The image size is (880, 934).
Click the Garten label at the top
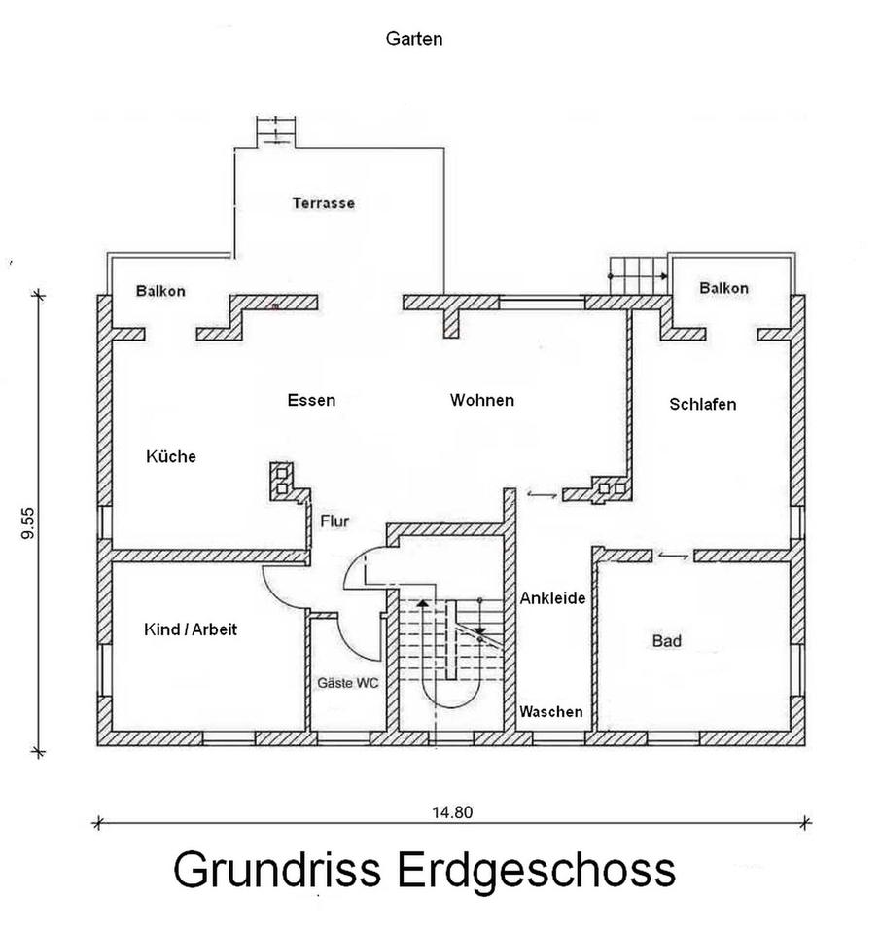[414, 39]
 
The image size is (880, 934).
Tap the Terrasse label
[323, 203]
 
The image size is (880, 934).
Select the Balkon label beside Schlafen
[723, 288]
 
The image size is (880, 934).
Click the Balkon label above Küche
[160, 291]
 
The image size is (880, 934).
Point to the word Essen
[311, 400]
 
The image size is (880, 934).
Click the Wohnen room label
[482, 400]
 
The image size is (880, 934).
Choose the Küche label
[171, 456]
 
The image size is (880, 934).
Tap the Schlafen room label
[703, 404]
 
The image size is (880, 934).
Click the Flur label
[334, 521]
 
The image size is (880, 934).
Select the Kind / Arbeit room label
[191, 629]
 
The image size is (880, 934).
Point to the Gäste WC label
[348, 683]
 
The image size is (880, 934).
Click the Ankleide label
[552, 598]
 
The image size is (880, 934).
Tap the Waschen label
[550, 712]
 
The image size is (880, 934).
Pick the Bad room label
[667, 641]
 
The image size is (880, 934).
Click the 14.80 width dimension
[452, 812]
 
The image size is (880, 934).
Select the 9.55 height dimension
[28, 523]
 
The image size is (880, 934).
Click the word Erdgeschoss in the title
[537, 870]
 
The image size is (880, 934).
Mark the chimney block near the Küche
[282, 482]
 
